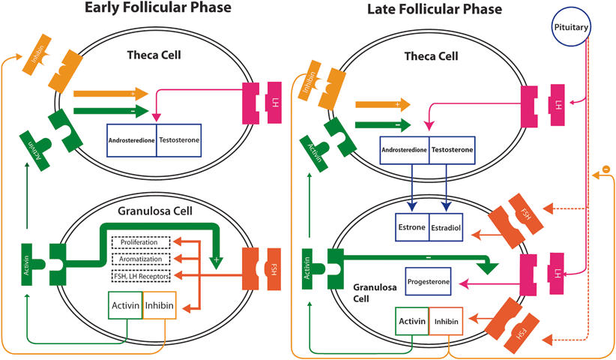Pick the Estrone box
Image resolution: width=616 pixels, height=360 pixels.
(x=411, y=226)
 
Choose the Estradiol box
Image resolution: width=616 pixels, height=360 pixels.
(x=448, y=226)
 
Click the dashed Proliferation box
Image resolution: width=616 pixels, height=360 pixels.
(x=142, y=242)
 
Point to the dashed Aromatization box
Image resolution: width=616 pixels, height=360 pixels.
(x=142, y=259)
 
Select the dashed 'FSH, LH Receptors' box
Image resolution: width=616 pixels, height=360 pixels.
(x=142, y=276)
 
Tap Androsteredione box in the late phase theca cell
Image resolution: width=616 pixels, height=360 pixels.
(x=405, y=150)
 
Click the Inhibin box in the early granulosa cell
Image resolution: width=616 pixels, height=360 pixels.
(x=159, y=306)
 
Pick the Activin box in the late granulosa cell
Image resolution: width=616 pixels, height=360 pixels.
(x=411, y=322)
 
